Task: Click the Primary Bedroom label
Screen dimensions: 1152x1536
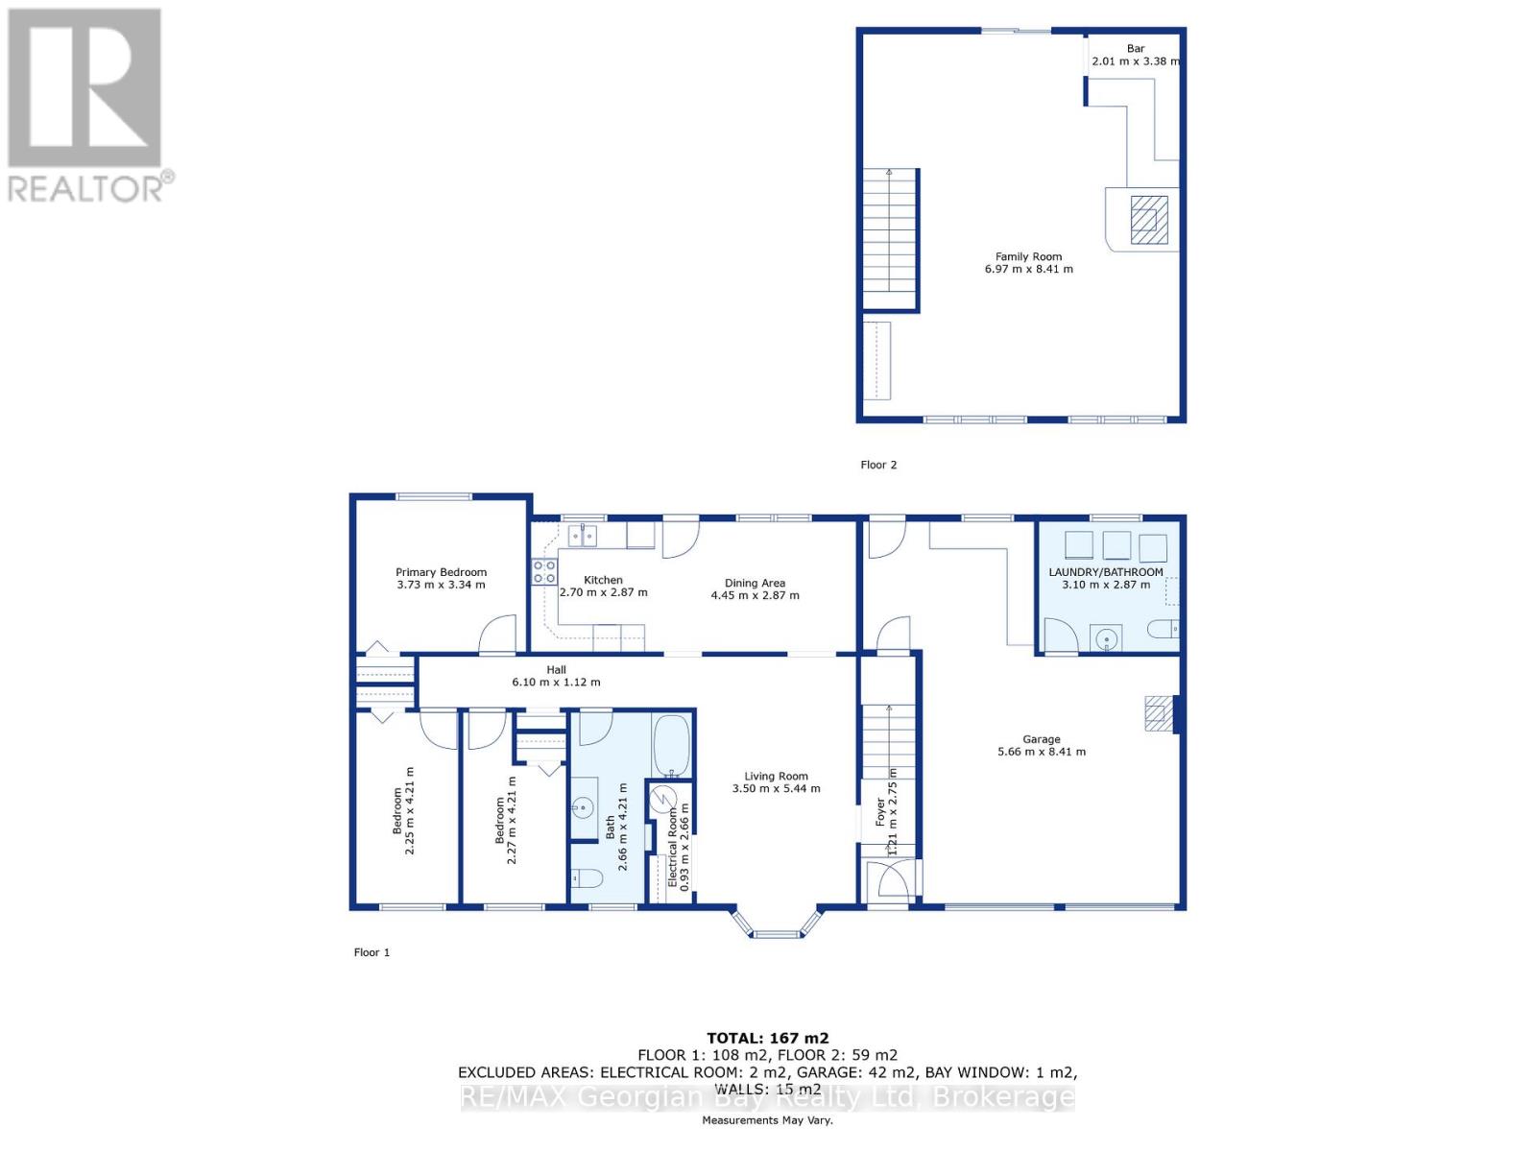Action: (441, 572)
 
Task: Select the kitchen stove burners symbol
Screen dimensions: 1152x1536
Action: (544, 572)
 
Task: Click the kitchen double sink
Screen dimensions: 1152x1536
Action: (582, 536)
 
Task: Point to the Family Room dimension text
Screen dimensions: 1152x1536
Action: (1028, 270)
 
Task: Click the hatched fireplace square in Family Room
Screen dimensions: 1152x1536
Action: (1148, 222)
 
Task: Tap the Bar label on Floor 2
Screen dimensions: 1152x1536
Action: (1136, 48)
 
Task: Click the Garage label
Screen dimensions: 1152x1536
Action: (1041, 739)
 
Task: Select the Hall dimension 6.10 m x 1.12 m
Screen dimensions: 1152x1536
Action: (556, 683)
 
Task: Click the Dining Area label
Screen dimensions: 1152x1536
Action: (755, 583)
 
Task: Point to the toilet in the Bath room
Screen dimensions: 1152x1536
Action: (586, 877)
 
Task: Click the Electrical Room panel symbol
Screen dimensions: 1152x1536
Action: (661, 800)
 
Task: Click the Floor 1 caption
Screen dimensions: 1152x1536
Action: (372, 952)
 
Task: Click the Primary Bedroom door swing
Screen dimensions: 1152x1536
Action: (498, 635)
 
